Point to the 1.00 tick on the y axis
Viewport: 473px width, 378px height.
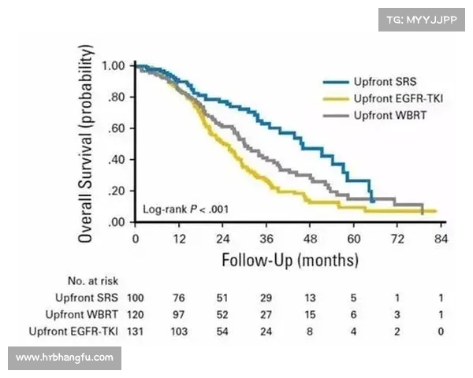(114, 65)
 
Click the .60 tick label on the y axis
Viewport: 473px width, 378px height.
(117, 128)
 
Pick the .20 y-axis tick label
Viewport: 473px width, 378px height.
(117, 191)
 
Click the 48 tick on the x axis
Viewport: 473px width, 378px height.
(310, 238)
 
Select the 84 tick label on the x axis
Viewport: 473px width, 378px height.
(441, 238)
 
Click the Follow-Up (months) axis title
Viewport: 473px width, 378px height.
(290, 259)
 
